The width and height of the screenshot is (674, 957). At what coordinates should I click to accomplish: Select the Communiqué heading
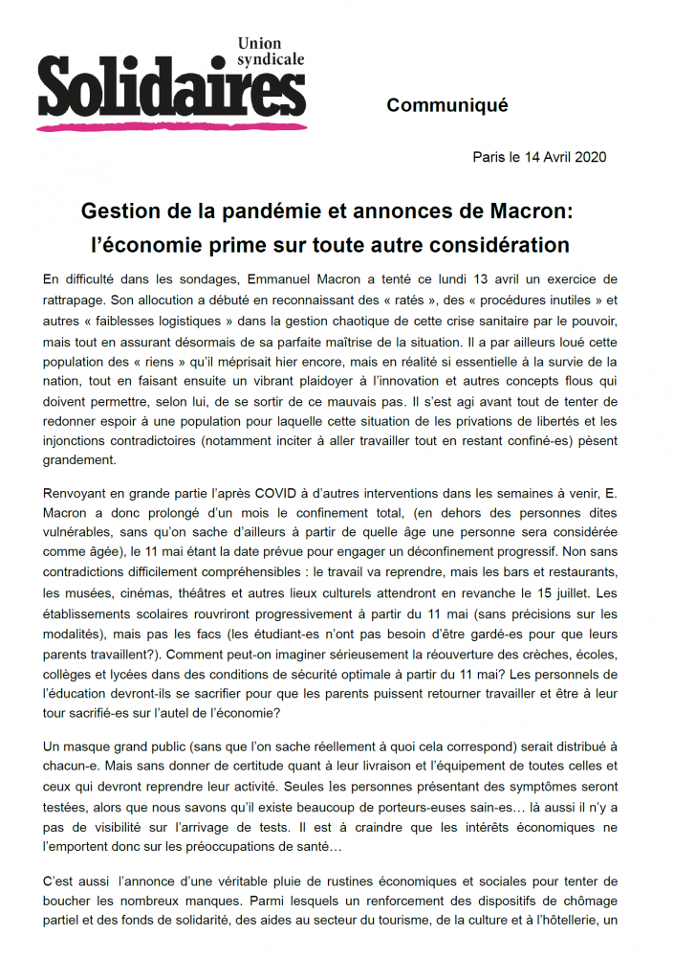447,105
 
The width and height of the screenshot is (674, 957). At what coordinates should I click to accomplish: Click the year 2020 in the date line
588,157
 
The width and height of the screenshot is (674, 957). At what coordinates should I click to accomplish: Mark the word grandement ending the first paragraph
79,458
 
